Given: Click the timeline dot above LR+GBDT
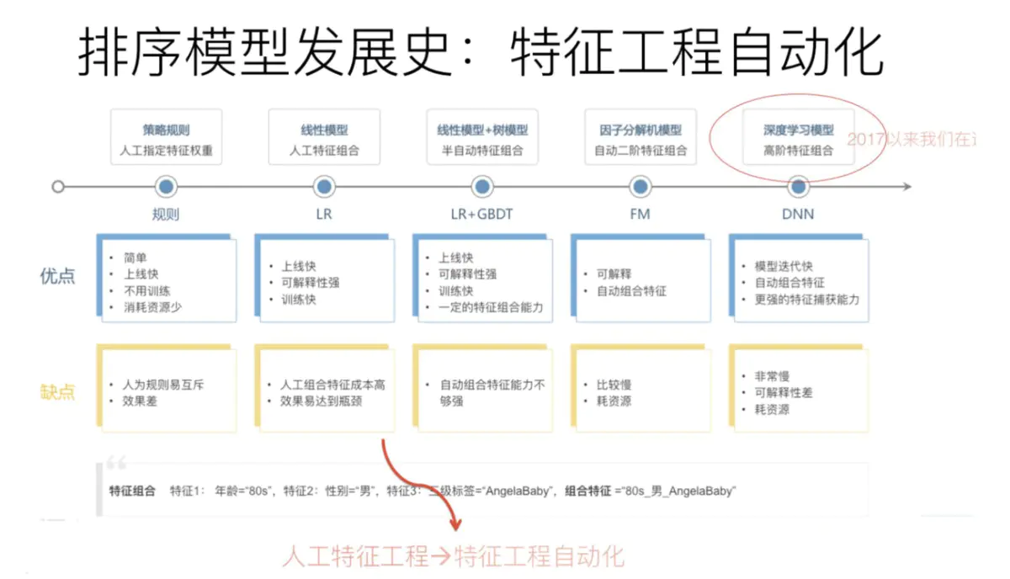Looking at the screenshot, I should click(482, 187).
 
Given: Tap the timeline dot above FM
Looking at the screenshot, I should click(641, 187).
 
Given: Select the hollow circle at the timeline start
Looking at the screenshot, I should click(58, 187).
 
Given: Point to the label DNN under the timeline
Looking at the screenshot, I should click(798, 214).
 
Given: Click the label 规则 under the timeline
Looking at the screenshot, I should click(166, 214).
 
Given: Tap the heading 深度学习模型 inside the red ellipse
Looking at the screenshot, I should click(799, 130).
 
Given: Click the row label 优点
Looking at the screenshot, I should click(57, 276).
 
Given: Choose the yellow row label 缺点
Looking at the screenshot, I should click(57, 391).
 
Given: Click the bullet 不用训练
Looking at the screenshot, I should click(147, 290).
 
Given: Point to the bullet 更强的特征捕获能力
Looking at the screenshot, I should click(806, 300).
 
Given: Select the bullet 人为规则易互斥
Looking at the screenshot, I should click(163, 385).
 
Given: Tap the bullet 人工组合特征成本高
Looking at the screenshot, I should click(332, 385).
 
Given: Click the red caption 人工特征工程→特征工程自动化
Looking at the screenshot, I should click(454, 555).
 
